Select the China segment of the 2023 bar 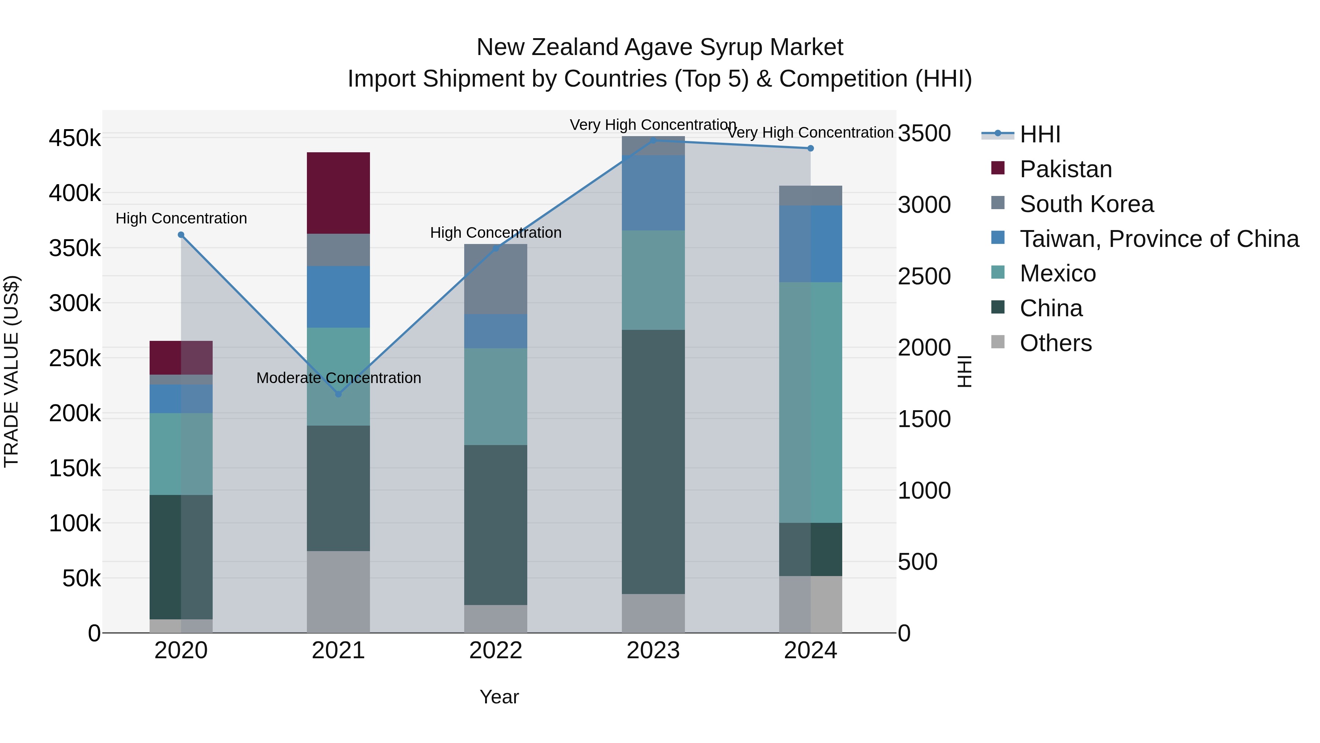tap(653, 462)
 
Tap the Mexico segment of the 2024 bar tap(811, 403)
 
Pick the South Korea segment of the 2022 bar tap(495, 280)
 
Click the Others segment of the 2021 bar tap(338, 592)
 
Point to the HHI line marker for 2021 tap(338, 394)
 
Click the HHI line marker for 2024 tap(811, 148)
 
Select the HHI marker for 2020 tap(181, 235)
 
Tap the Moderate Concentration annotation tap(339, 378)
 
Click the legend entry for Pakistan tap(1066, 169)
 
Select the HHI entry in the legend tap(1040, 134)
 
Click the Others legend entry tap(1056, 343)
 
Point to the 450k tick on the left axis tap(75, 138)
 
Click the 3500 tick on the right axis tap(924, 133)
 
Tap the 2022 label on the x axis tap(495, 651)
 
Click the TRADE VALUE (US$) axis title tap(11, 371)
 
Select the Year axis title tap(499, 697)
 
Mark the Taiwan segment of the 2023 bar tap(653, 193)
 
